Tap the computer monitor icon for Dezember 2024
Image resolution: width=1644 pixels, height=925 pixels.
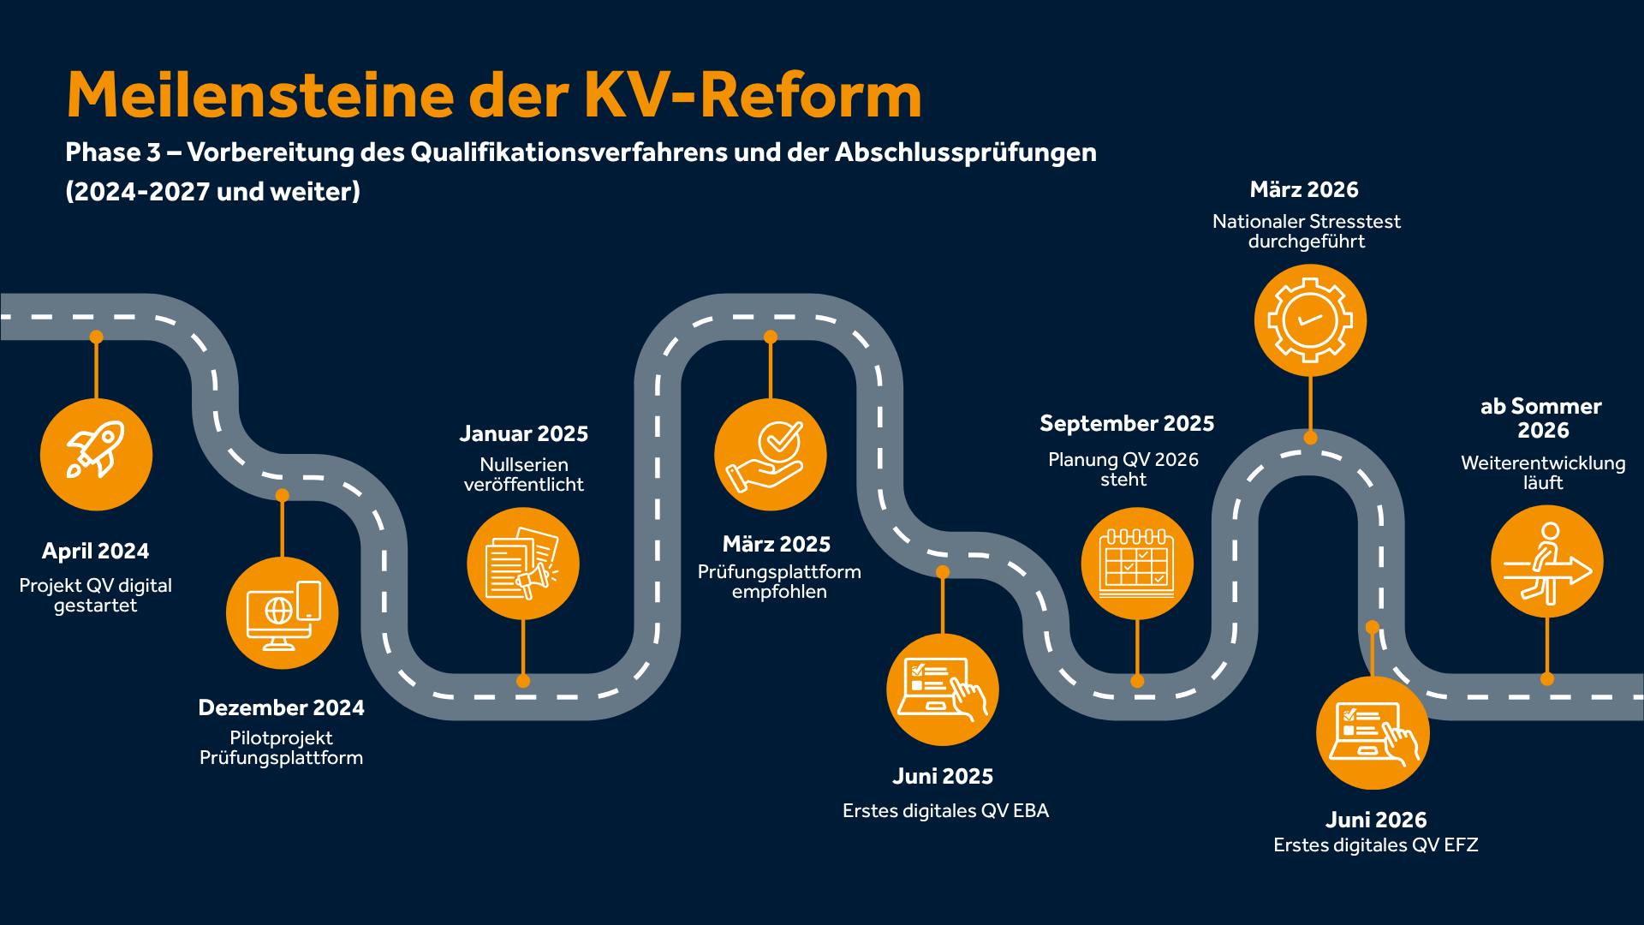[x=283, y=613]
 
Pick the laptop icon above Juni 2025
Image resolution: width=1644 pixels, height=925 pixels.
[x=943, y=689]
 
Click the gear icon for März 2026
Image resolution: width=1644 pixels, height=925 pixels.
[x=1310, y=320]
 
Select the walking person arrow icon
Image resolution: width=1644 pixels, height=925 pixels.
[x=1547, y=562]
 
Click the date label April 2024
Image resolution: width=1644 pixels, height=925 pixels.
[x=95, y=551]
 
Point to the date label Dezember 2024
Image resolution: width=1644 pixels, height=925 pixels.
[x=281, y=707]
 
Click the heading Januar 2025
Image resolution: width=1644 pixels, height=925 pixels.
[x=523, y=433]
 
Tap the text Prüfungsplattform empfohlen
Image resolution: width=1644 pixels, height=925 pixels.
[x=779, y=582]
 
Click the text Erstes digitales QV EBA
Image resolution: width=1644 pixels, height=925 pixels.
[x=945, y=810]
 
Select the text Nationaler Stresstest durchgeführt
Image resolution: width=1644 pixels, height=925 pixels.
[x=1307, y=231]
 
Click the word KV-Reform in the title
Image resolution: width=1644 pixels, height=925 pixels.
[x=753, y=94]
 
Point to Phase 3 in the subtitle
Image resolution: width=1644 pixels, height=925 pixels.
[x=113, y=152]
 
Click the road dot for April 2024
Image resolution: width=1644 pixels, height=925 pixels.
[x=96, y=337]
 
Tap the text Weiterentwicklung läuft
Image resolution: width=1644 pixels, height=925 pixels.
[x=1543, y=472]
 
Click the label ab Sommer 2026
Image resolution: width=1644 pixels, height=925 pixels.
[x=1541, y=418]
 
